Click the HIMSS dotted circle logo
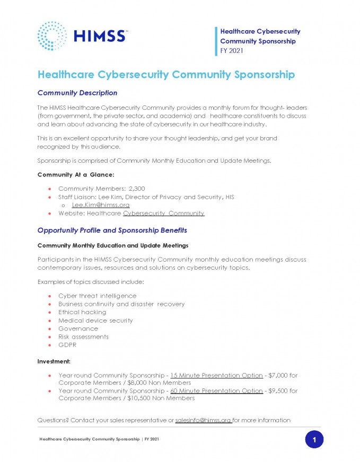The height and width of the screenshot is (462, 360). click(x=52, y=36)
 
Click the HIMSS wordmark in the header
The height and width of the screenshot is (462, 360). click(x=100, y=36)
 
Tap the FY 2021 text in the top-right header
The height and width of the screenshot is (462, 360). click(x=232, y=50)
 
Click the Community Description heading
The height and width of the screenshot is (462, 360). click(x=77, y=93)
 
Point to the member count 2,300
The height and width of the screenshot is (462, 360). click(x=137, y=189)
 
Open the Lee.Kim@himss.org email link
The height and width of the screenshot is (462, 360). click(x=101, y=205)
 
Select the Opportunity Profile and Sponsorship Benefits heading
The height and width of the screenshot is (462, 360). click(x=112, y=230)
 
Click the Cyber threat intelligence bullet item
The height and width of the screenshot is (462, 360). click(x=97, y=296)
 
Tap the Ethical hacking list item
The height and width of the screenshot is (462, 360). click(x=82, y=312)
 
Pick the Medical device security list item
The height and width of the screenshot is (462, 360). click(x=95, y=320)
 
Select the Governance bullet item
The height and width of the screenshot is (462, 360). click(x=78, y=328)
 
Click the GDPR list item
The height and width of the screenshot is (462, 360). click(x=67, y=345)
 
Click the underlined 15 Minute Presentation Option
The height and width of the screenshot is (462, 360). click(x=216, y=375)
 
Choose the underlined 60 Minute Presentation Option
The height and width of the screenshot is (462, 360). click(x=216, y=390)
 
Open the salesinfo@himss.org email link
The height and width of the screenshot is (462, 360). click(x=203, y=420)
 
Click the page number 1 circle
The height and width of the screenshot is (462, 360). click(x=314, y=439)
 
